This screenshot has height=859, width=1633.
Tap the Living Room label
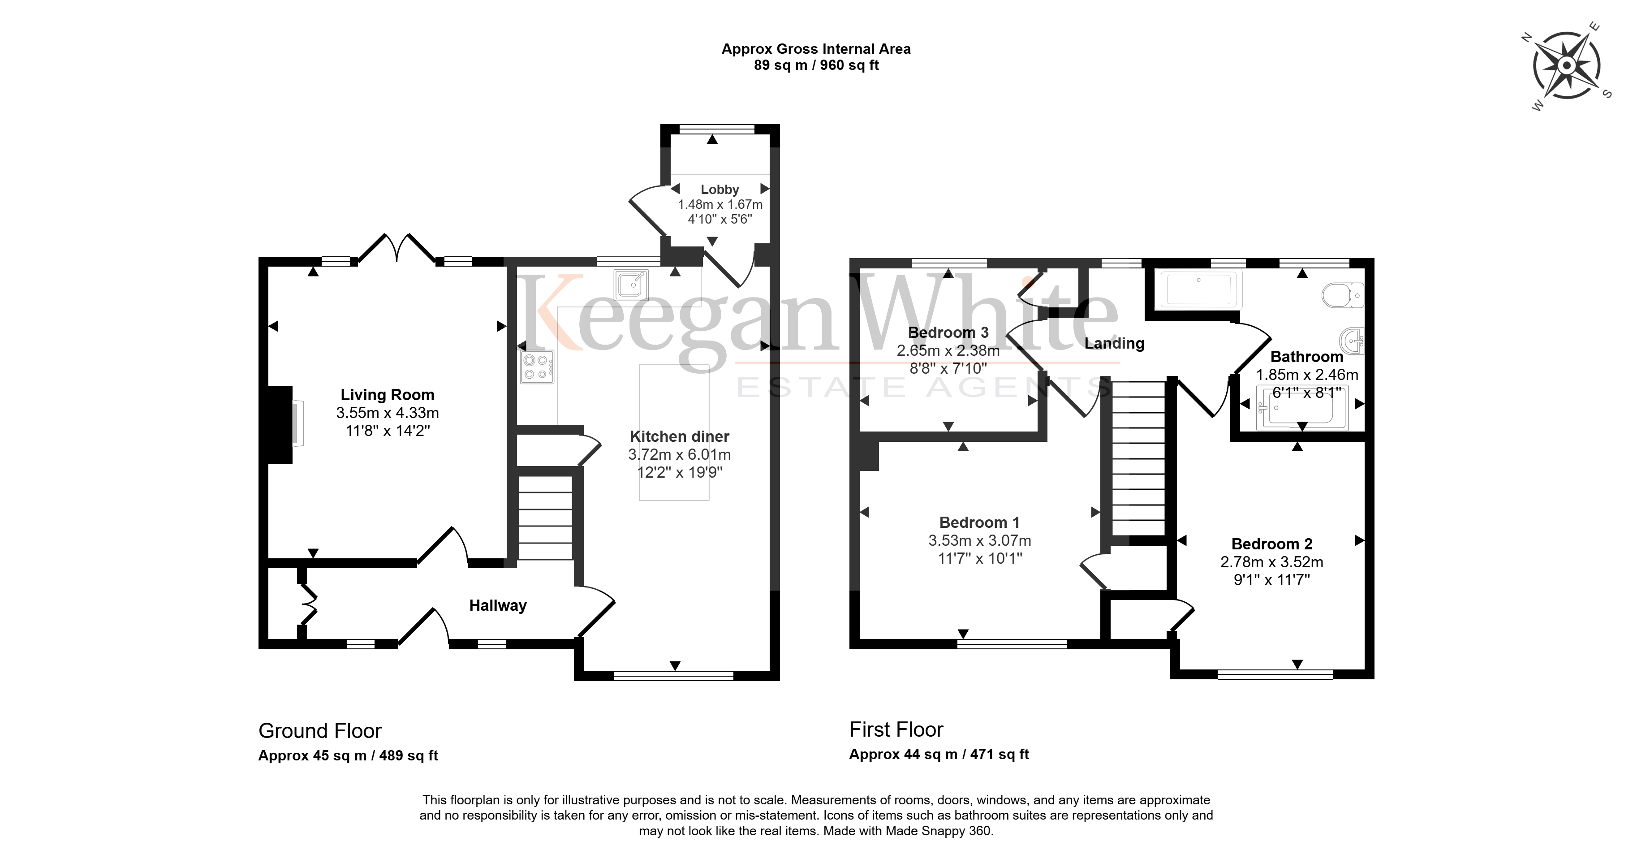tap(388, 395)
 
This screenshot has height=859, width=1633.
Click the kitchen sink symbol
tap(631, 285)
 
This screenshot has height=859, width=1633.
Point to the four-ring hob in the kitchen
tap(537, 367)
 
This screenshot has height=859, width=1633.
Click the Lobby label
tap(720, 190)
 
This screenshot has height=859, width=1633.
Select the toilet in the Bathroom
tap(1343, 295)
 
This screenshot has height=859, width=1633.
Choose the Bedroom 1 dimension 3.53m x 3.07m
tap(979, 541)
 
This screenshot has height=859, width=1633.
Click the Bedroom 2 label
tap(1271, 544)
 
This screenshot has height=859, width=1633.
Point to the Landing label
tap(1115, 344)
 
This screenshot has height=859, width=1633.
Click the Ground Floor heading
tap(320, 731)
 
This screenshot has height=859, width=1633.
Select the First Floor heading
tap(896, 730)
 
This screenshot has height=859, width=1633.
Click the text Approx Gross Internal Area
tap(816, 49)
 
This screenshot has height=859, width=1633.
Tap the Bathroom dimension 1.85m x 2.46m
tap(1307, 375)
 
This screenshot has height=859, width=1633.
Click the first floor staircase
tap(1138, 458)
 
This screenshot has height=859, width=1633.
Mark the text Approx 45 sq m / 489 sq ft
tap(348, 755)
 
